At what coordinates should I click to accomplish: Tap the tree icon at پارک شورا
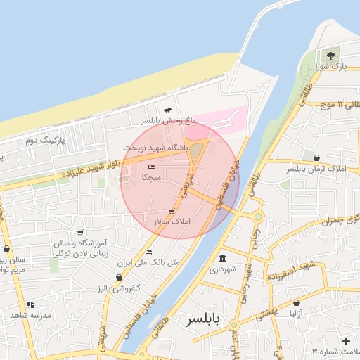(330, 55)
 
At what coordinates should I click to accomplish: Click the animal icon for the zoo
(168, 110)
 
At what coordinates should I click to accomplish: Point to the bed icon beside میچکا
(152, 167)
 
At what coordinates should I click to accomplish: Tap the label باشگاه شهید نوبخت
(156, 148)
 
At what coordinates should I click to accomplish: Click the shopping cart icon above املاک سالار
(172, 211)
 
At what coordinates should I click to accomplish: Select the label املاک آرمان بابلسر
(317, 169)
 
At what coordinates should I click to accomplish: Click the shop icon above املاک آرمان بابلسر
(317, 158)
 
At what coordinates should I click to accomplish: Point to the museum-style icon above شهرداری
(223, 257)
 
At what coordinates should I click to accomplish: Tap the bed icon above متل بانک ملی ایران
(148, 252)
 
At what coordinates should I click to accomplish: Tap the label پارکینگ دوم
(44, 141)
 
